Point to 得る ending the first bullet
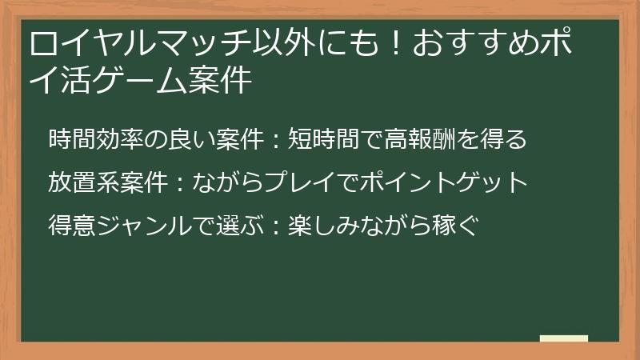coord(504,139)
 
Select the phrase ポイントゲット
coord(450,182)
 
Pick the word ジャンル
coord(142,225)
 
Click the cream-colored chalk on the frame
coord(563,338)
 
